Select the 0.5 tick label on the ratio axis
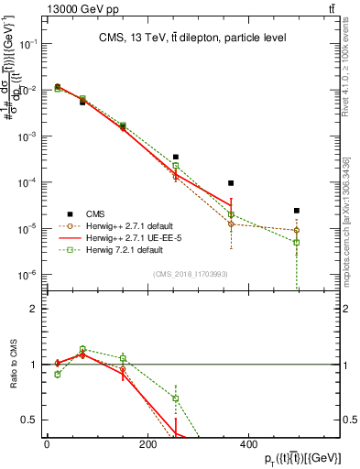pos(34,420)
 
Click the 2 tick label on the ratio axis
pos(38,309)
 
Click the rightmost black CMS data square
pos(297,211)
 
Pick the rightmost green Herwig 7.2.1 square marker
pos(297,242)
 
